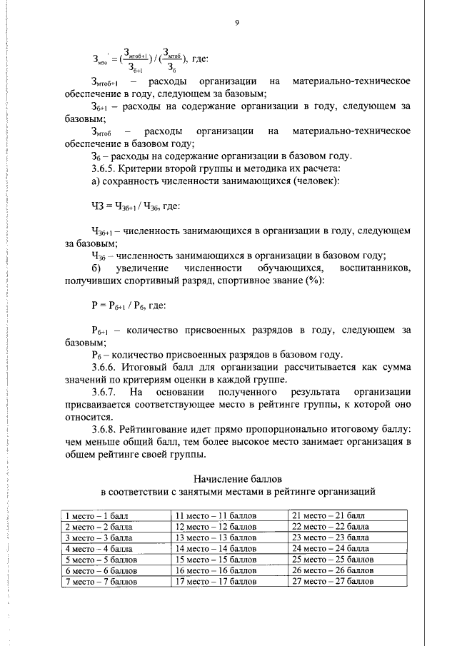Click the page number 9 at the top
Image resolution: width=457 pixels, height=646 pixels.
pos(236,23)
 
